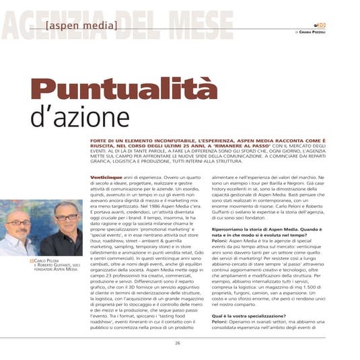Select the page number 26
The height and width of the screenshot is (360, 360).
[x=179, y=343]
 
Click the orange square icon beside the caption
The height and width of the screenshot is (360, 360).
[x=31, y=260]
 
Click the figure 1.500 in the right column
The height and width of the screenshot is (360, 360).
[x=314, y=273]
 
